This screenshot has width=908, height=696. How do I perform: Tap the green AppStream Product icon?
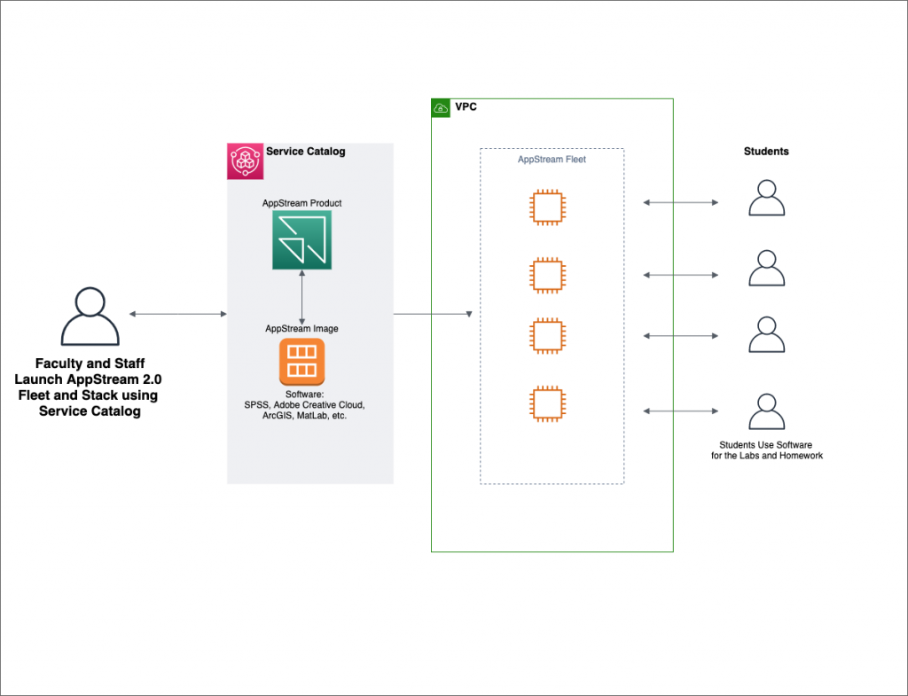(301, 239)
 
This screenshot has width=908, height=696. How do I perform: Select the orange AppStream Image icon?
(301, 362)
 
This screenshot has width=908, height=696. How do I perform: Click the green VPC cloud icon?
(441, 108)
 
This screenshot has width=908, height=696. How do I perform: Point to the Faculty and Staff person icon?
(90, 317)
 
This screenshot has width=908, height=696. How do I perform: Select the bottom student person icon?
(766, 412)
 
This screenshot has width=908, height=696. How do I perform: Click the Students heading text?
(766, 152)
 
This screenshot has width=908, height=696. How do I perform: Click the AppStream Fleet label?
(552, 160)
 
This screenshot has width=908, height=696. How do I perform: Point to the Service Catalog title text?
(306, 152)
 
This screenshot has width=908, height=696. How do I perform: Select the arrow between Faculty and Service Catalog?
(177, 314)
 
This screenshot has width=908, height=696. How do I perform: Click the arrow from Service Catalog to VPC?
(432, 314)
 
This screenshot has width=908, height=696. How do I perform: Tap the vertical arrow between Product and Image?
(301, 296)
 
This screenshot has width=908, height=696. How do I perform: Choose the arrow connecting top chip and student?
(680, 203)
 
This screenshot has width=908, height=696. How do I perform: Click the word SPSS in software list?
(257, 405)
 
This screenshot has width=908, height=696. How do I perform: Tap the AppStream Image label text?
(301, 328)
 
